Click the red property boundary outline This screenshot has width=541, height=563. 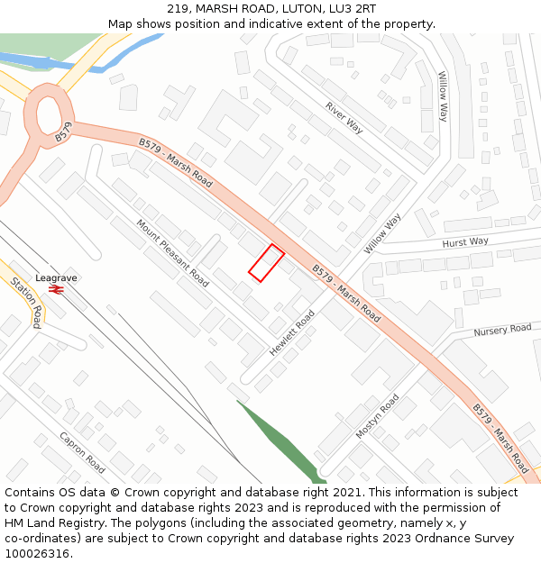(266, 263)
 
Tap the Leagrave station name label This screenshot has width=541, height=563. (56, 278)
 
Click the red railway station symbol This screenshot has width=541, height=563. (56, 290)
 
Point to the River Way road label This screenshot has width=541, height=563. (344, 118)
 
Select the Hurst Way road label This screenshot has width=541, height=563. (465, 242)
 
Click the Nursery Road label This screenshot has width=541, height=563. (502, 330)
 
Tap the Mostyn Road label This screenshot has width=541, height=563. (377, 416)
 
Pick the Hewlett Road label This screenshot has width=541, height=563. (292, 332)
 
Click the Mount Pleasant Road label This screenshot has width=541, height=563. (172, 253)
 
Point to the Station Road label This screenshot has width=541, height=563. (26, 302)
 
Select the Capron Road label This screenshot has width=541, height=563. (83, 452)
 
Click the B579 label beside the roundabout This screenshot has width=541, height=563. (62, 136)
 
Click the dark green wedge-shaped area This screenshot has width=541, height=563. (280, 441)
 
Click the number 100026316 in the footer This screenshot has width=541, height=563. (39, 554)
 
